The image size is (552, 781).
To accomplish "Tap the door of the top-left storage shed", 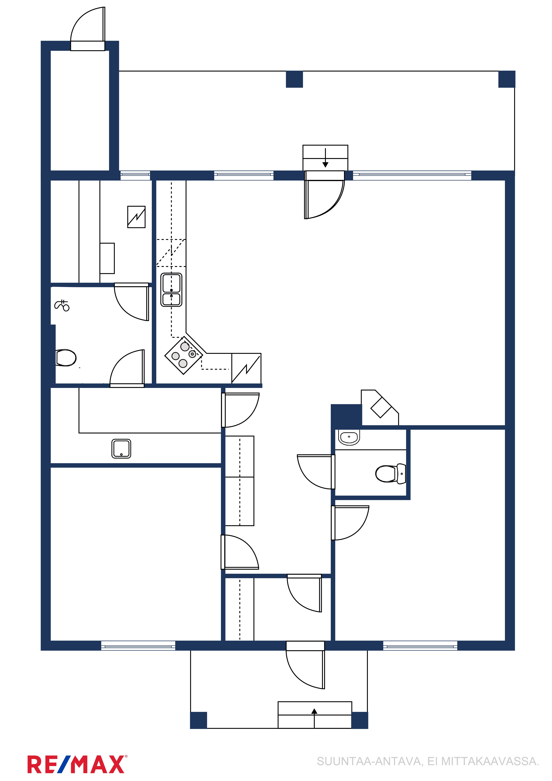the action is click(88, 29).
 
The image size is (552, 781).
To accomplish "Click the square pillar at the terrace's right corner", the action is click(507, 79).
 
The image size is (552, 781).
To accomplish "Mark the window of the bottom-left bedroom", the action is click(138, 646).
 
